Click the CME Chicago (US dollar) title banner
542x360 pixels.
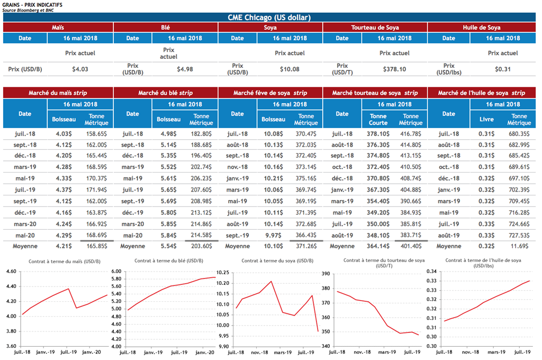click(270, 17)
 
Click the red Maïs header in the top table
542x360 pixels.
click(58, 28)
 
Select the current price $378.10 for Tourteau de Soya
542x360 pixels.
click(394, 69)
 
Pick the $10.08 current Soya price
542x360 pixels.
click(290, 69)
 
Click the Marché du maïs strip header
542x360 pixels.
click(58, 93)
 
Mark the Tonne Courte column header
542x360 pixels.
click(378, 119)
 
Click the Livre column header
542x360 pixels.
click(486, 119)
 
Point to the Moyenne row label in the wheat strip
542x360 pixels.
click(132, 246)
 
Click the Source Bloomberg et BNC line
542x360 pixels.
click(25, 10)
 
